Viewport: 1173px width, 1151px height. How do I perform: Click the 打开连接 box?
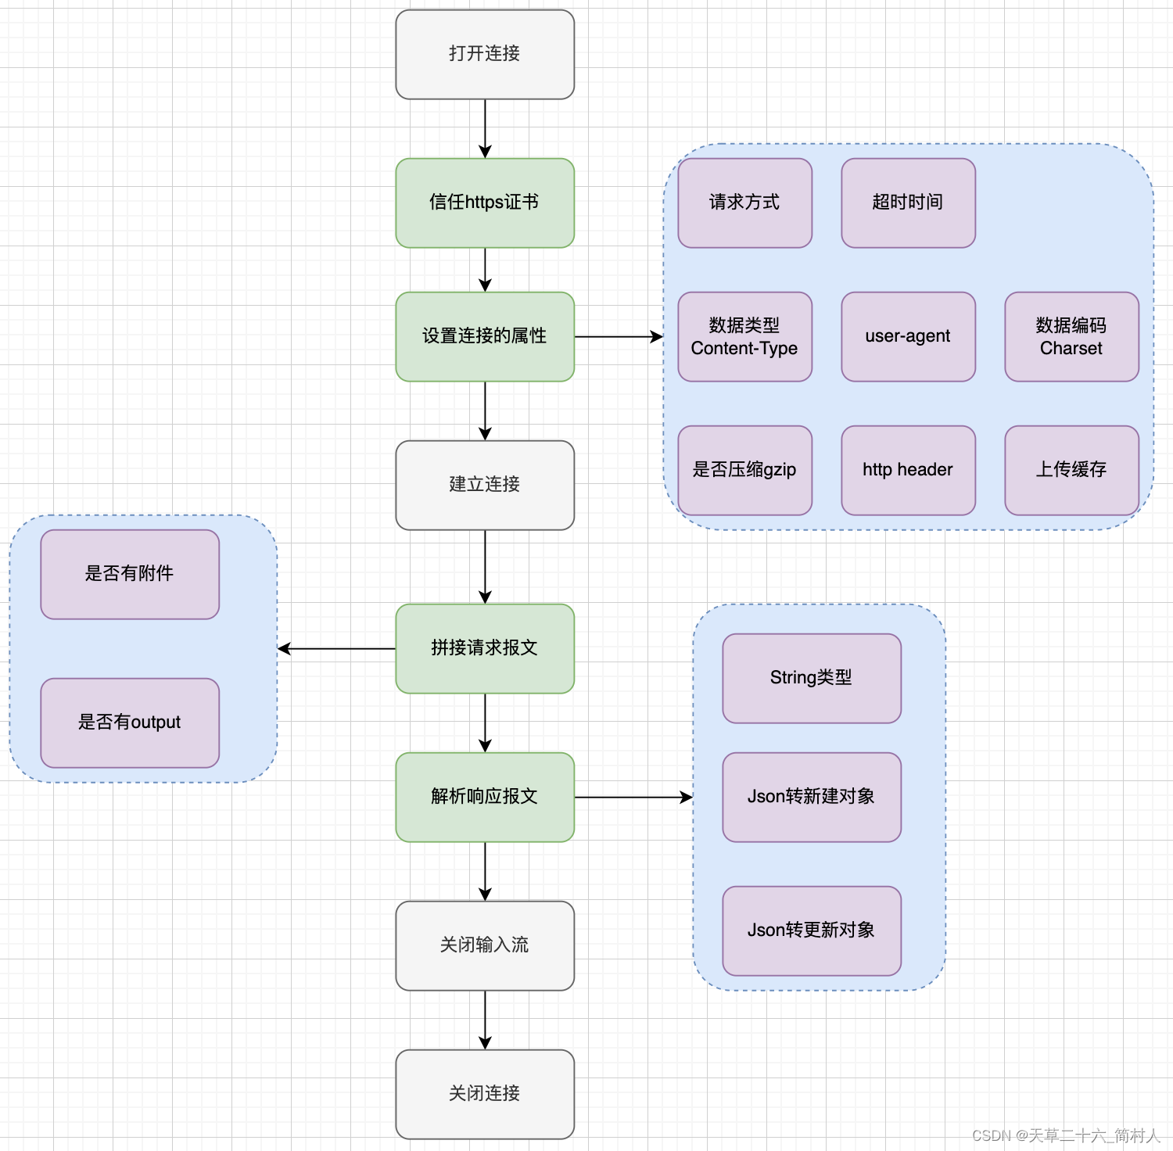click(485, 54)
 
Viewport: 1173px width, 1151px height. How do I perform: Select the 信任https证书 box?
click(485, 203)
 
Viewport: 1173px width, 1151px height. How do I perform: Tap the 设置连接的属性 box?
click(485, 336)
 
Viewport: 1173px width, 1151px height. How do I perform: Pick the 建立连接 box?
click(485, 485)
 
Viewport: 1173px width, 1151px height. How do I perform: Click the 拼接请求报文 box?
click(485, 648)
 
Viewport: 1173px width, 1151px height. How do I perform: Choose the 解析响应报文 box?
click(485, 797)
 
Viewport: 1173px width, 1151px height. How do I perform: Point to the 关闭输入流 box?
click(485, 945)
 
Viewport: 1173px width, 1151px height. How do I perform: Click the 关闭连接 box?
click(485, 1094)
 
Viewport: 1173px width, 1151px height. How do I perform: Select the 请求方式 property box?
click(744, 203)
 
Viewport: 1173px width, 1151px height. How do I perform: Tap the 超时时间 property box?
click(908, 203)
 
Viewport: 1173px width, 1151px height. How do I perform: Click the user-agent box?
click(908, 336)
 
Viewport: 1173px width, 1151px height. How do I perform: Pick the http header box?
click(908, 470)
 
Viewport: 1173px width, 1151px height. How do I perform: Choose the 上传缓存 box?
click(1071, 470)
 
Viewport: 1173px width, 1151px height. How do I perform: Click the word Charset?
click(1071, 349)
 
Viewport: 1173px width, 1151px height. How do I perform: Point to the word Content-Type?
click(744, 349)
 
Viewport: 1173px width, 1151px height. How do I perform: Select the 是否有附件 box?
click(130, 574)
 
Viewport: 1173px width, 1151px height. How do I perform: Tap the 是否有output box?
click(130, 723)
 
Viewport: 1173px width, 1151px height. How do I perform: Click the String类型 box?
click(812, 678)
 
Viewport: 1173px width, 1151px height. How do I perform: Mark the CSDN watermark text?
click(1066, 1135)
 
